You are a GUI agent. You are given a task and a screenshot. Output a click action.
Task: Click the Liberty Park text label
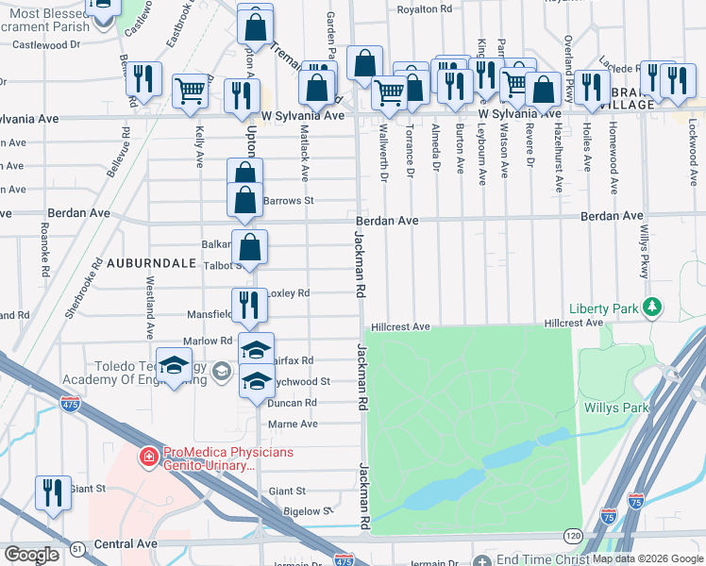tap(603, 308)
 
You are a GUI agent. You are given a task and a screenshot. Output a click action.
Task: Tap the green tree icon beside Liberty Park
tap(650, 307)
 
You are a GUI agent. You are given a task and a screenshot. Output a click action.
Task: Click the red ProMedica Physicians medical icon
tap(147, 458)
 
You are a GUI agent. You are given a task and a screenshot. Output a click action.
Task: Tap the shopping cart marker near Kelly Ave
tap(191, 91)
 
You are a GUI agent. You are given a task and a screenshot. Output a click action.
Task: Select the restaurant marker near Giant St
tap(53, 491)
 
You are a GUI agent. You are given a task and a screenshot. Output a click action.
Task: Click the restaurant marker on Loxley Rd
tap(249, 304)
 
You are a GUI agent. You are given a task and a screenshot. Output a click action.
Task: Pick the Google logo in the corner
tap(31, 555)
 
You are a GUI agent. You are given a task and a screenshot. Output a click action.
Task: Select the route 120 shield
tap(572, 536)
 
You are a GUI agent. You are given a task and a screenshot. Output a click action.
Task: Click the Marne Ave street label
tap(294, 424)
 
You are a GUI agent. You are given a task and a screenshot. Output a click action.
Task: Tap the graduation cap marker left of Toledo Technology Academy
tap(174, 368)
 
